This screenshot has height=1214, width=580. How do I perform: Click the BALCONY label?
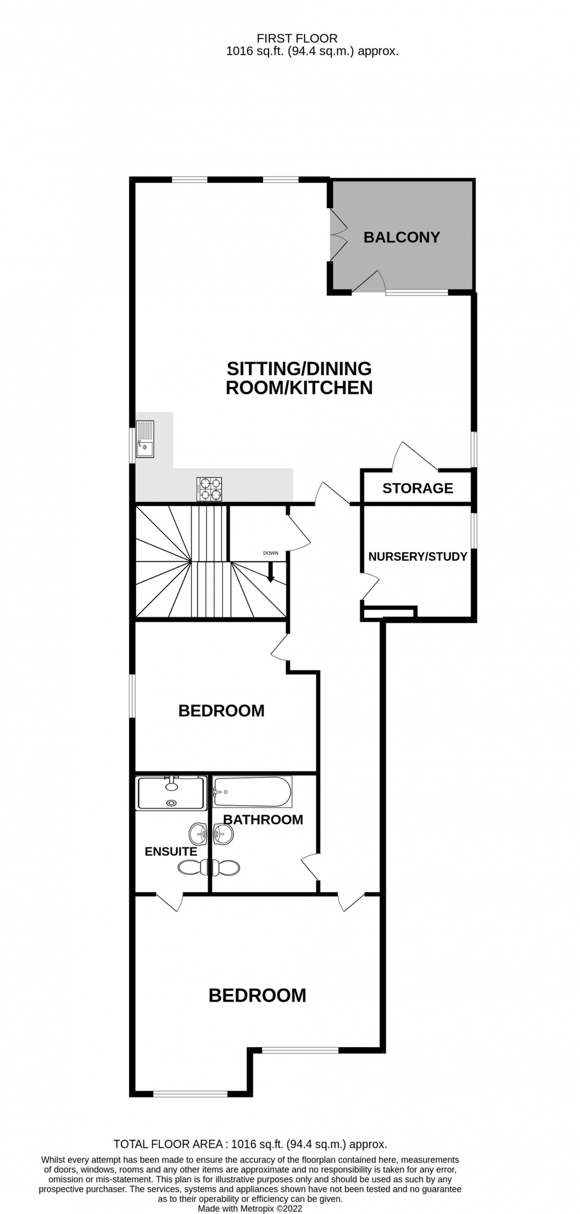click(x=402, y=237)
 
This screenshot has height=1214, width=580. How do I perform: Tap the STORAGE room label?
click(x=417, y=488)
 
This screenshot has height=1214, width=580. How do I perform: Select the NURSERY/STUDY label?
click(x=417, y=556)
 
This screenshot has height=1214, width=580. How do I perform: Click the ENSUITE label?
click(x=171, y=851)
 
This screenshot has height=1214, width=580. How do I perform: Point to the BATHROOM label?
click(x=263, y=819)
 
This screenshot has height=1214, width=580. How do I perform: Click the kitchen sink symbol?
click(x=145, y=439)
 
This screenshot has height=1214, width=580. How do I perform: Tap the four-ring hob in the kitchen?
click(x=209, y=489)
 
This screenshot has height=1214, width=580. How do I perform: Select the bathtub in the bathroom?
click(x=252, y=791)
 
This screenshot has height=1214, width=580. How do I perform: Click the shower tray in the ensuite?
click(x=172, y=793)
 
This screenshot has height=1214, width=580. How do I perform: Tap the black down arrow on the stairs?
click(x=271, y=572)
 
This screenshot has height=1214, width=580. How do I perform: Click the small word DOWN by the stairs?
click(x=271, y=553)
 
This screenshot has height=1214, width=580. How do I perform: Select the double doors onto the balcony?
click(x=338, y=234)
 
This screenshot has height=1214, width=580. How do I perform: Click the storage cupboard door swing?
click(x=415, y=456)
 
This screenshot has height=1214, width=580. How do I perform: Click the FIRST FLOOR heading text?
click(x=297, y=38)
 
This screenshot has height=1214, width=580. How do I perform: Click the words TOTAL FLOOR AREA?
click(x=168, y=1144)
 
